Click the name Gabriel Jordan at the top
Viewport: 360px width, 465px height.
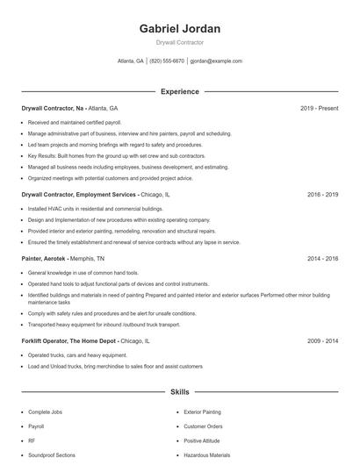179,28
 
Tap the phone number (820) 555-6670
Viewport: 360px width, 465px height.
167,61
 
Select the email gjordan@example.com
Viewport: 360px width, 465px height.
216,61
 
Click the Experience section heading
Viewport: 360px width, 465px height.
179,91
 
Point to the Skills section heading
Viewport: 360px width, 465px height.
179,392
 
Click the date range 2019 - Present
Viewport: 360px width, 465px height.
319,108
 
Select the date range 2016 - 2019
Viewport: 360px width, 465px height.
322,194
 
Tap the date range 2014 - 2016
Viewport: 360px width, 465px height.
322,259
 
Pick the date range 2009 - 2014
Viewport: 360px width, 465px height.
322,340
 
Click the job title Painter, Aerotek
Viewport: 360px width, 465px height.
45,259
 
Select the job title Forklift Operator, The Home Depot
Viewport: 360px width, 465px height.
68,340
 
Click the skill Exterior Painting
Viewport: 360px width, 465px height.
204,411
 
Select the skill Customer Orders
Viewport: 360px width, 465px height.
204,426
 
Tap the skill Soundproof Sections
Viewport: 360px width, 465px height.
52,455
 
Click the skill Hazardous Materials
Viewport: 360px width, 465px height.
207,455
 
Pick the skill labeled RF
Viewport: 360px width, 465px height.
32,440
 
